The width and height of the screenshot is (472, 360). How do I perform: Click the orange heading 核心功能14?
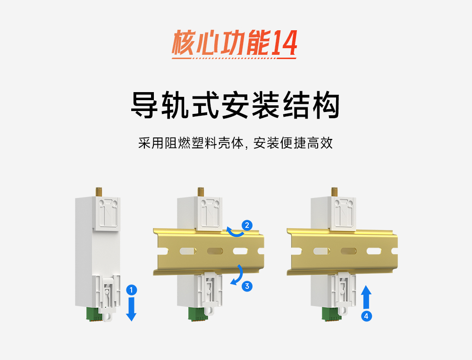point(235,44)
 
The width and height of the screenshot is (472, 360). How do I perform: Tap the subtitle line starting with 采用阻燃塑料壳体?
point(236,143)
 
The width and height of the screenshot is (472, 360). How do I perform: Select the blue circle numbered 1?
point(132,289)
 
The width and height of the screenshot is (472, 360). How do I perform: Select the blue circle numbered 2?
point(247,224)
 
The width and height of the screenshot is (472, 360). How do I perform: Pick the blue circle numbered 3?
point(247,286)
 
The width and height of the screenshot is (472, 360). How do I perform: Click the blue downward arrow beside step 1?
point(132,309)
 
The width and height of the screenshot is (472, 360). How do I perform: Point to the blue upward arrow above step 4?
point(366,297)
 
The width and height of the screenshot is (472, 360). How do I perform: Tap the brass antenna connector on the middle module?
point(200,192)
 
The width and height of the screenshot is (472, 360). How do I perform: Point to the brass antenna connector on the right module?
point(333,192)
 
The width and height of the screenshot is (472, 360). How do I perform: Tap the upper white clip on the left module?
point(108,213)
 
